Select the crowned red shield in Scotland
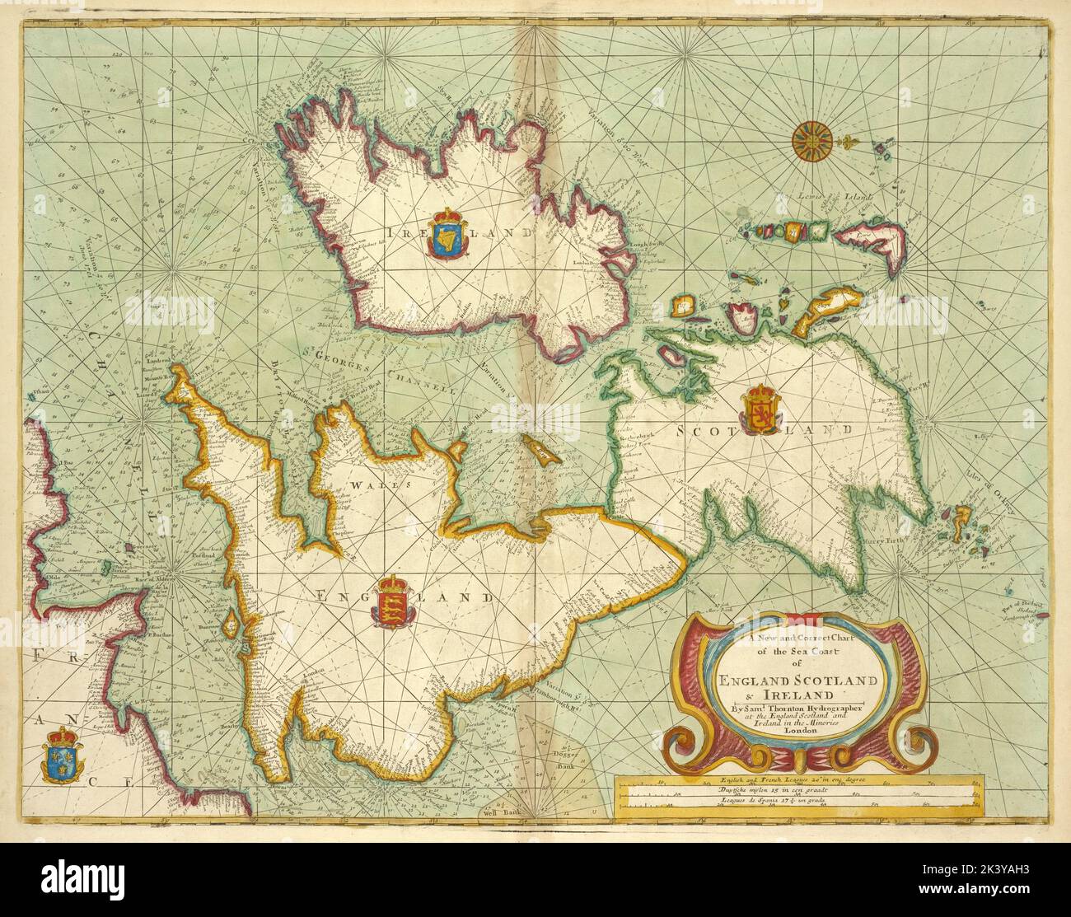point(758,409)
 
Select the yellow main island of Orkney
point(961,520)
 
